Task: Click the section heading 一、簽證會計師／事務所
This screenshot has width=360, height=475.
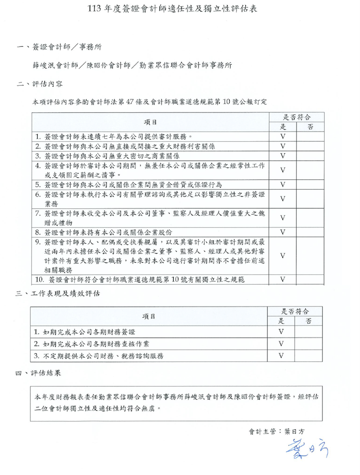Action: pyautogui.click(x=59, y=47)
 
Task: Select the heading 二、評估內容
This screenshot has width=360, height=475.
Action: pyautogui.click(x=40, y=84)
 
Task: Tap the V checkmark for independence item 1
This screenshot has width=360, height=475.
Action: pyautogui.click(x=283, y=136)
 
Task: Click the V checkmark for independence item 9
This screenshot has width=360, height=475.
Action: pyautogui.click(x=283, y=256)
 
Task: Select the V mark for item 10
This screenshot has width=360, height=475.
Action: pyautogui.click(x=283, y=280)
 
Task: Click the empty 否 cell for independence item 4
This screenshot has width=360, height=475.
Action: pyautogui.click(x=310, y=170)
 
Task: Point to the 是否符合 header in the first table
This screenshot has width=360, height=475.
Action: pyautogui.click(x=296, y=117)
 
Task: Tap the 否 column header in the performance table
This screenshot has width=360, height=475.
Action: pyautogui.click(x=308, y=321)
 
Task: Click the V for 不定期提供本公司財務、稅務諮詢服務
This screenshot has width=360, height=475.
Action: pyautogui.click(x=281, y=355)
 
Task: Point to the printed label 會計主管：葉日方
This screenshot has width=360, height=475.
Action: pyautogui.click(x=277, y=431)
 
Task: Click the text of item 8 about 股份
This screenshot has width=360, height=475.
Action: pyautogui.click(x=109, y=232)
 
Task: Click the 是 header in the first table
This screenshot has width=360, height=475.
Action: pyautogui.click(x=283, y=127)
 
